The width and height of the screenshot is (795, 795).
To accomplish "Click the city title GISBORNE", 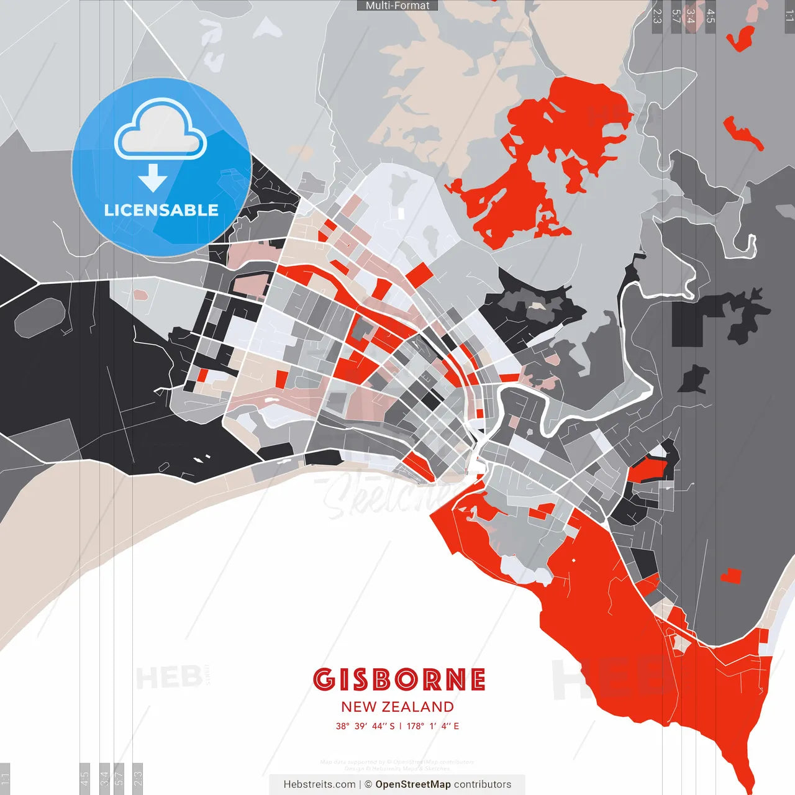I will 399,679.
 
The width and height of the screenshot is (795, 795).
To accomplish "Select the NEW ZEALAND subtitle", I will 397,707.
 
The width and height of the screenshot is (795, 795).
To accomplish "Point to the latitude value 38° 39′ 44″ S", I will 365,726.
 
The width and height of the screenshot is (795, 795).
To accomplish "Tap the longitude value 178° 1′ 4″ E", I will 433,726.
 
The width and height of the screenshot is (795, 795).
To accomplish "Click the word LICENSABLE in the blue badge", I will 161,210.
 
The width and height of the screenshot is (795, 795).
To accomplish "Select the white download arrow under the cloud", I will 153,178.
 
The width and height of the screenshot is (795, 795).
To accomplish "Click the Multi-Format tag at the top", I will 397,6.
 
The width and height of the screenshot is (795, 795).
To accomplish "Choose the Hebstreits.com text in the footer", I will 319,784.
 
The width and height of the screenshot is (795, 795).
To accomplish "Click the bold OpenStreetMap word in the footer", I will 413,784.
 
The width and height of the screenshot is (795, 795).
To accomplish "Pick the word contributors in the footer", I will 483,784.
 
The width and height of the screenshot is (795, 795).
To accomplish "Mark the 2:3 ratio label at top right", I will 656,16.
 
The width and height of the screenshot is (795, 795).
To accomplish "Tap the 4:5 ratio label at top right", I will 711,16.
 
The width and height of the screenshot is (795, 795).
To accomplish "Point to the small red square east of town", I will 731,576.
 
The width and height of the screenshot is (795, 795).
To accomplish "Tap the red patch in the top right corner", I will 742,39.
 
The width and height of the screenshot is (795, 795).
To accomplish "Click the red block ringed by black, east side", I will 648,469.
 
